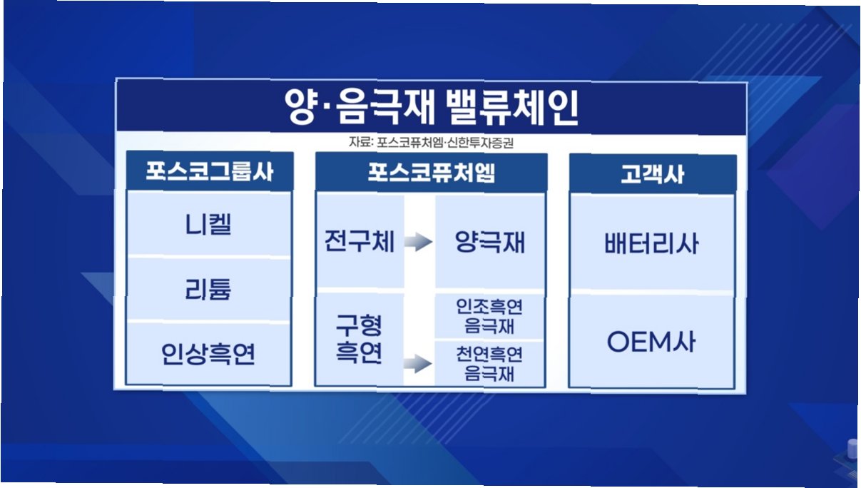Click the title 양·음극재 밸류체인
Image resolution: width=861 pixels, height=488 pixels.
(432, 107)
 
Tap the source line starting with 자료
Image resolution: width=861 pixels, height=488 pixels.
(431, 143)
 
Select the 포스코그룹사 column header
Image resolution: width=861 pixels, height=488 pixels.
(210, 171)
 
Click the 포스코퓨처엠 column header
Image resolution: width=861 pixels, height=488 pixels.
(432, 173)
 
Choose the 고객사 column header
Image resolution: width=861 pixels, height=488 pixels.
(653, 174)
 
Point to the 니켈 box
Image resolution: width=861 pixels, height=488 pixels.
(209, 223)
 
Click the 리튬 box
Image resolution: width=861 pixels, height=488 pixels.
(209, 289)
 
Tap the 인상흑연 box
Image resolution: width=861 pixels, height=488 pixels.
(209, 354)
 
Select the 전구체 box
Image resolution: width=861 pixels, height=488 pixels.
(360, 241)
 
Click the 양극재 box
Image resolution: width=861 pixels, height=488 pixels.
(490, 241)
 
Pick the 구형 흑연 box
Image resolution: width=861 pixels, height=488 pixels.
(359, 339)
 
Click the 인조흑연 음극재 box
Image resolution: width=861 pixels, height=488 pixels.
(489, 316)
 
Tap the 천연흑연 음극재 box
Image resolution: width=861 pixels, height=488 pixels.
(489, 364)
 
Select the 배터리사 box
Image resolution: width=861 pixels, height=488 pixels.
(652, 243)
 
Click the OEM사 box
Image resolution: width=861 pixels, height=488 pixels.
(651, 342)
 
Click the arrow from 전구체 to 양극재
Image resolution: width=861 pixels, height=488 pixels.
(419, 242)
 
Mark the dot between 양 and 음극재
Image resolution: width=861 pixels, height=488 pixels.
(327, 109)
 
